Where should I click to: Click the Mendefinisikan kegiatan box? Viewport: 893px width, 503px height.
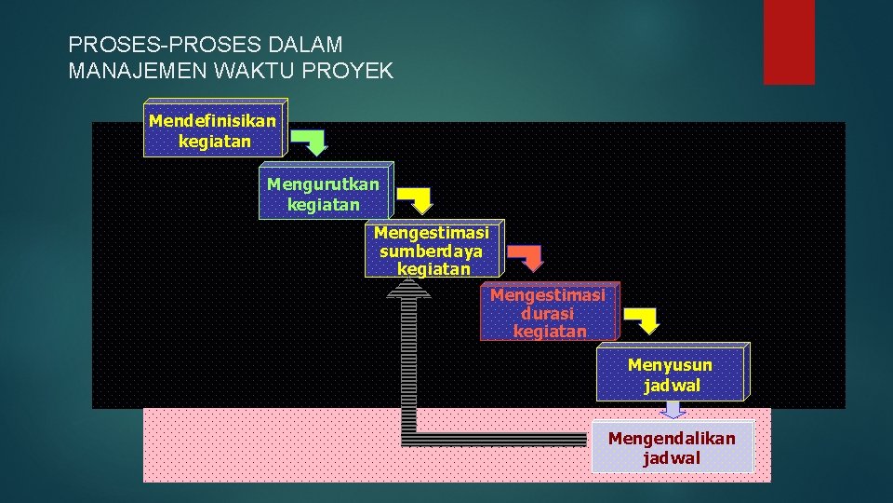(x=214, y=129)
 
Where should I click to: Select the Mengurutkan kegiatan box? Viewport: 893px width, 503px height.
(x=324, y=193)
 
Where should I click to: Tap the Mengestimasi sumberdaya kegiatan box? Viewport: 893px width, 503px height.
(x=433, y=251)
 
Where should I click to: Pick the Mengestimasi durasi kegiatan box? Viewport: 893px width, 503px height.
(x=548, y=312)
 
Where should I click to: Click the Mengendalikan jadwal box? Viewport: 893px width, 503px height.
(x=672, y=447)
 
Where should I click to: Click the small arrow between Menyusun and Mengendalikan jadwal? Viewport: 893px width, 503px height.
(x=673, y=410)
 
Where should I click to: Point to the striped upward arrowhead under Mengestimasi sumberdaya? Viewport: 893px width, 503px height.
(x=408, y=290)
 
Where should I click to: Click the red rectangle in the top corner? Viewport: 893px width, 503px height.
(x=789, y=42)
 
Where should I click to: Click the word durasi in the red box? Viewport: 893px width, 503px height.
(x=548, y=313)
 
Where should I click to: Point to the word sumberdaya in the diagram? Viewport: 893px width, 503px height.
(x=432, y=251)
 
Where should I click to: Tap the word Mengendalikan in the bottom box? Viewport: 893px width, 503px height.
(x=672, y=438)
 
